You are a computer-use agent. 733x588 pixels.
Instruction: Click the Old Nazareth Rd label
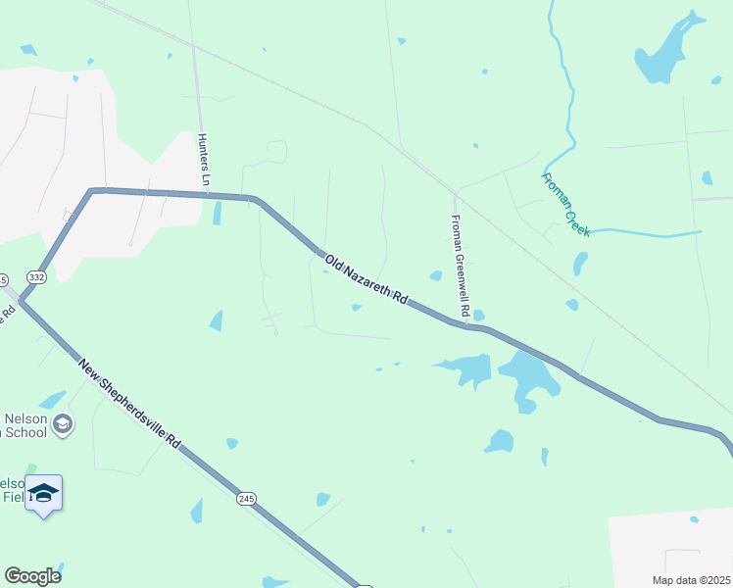click(x=366, y=279)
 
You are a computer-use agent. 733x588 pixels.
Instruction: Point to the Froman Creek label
click(x=565, y=204)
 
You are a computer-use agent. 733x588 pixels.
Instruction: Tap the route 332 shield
click(x=36, y=277)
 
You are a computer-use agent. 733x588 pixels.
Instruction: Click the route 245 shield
click(x=245, y=499)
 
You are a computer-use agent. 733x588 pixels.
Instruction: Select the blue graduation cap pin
click(x=43, y=493)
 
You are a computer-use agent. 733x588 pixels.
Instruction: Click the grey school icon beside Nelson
click(x=63, y=423)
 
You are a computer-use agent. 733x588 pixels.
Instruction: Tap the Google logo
click(x=32, y=576)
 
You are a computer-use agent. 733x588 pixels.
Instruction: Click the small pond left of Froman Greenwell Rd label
click(x=435, y=275)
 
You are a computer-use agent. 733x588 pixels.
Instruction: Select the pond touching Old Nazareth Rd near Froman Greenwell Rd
click(x=478, y=316)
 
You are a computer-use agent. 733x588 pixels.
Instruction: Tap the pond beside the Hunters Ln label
click(x=217, y=213)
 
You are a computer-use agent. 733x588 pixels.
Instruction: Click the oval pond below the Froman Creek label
click(x=580, y=263)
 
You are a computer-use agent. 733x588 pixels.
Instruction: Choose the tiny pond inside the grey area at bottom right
click(x=694, y=519)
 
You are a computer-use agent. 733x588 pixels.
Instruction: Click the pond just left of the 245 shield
click(x=197, y=511)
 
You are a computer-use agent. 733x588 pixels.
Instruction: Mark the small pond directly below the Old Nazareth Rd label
click(x=357, y=307)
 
